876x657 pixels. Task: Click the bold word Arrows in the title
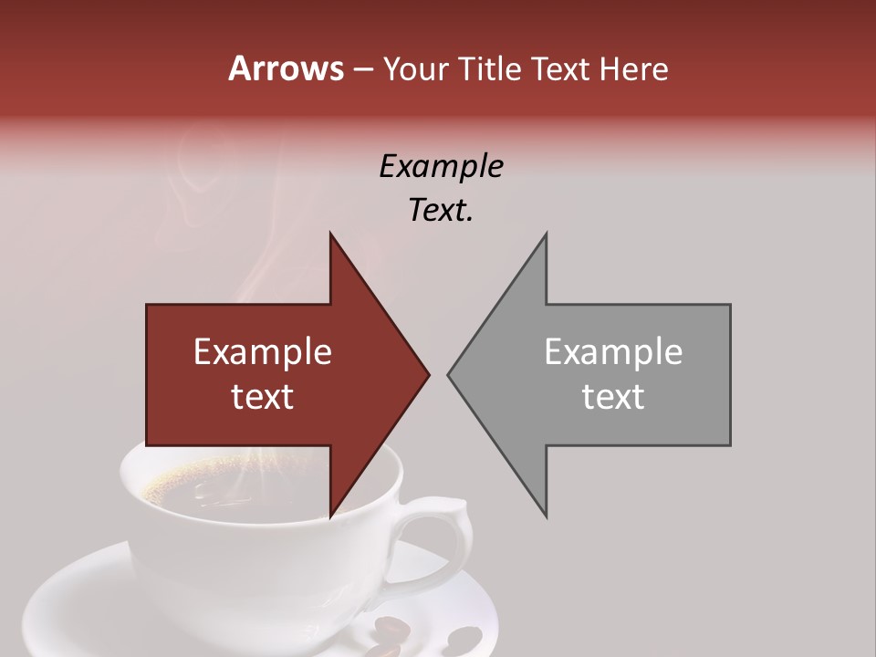click(286, 68)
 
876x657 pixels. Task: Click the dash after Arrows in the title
click(362, 69)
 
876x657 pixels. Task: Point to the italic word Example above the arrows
click(441, 167)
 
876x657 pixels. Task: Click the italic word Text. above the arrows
click(441, 210)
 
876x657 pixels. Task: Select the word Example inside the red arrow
click(263, 352)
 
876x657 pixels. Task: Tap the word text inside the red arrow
click(263, 396)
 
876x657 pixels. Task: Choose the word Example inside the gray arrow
click(613, 352)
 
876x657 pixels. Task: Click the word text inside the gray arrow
click(613, 396)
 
